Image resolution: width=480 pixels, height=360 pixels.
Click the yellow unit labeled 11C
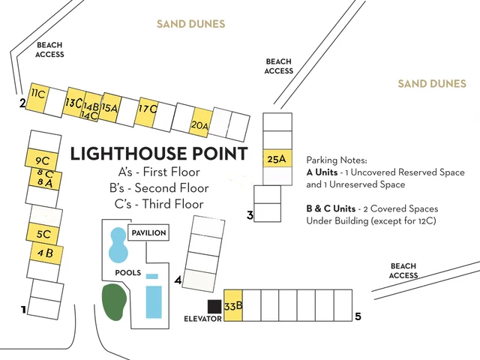(37, 96)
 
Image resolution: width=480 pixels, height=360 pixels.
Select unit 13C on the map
(74, 102)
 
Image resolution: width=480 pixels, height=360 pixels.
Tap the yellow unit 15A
(109, 107)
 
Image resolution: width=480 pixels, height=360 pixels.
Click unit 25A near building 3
(277, 158)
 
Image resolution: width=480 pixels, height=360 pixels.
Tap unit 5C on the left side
(43, 233)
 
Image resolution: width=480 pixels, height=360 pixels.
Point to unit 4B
(45, 253)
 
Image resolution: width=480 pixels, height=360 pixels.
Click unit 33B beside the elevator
(233, 305)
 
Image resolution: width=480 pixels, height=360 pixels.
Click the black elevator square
(214, 306)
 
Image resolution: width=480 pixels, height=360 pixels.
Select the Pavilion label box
(148, 233)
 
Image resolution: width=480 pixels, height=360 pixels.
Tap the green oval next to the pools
(113, 300)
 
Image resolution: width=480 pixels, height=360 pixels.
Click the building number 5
(358, 316)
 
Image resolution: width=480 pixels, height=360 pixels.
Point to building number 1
(23, 309)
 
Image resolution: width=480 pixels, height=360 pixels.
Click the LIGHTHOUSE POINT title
(158, 154)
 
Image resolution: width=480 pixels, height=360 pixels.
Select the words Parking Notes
(337, 160)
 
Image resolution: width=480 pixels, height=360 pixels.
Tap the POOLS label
(127, 272)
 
